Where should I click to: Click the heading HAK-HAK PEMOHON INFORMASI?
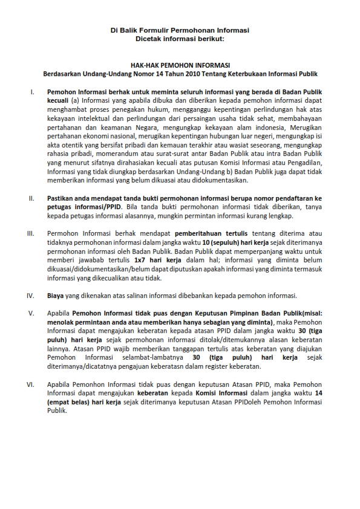coord(180,65)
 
